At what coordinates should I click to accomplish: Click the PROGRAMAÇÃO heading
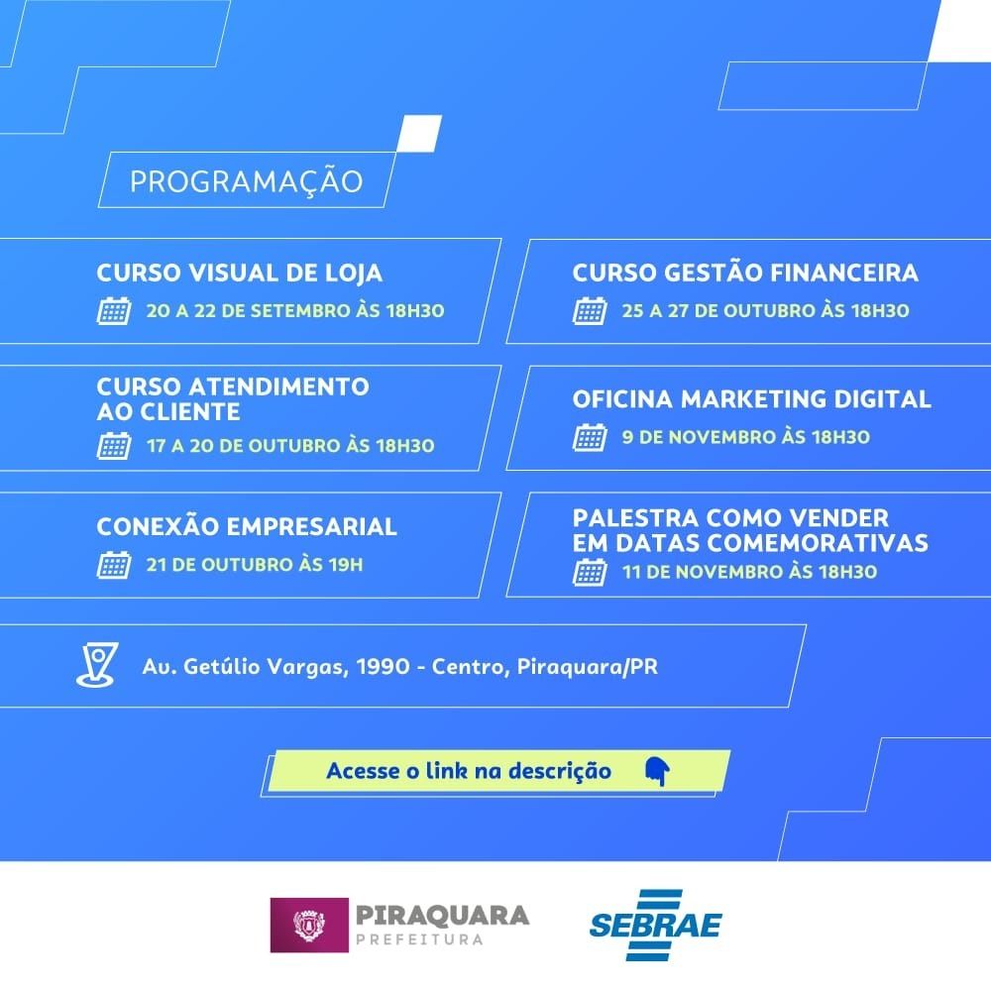tap(247, 181)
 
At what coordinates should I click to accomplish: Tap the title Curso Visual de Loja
tap(240, 274)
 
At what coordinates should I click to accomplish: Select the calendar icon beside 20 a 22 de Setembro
tap(114, 310)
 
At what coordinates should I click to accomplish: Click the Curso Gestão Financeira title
tap(745, 273)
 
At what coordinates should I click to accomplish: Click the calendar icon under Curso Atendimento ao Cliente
tap(114, 446)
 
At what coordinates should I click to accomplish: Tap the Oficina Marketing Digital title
tap(751, 398)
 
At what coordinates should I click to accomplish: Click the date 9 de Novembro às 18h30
tap(746, 437)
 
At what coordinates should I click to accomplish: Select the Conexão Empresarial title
tap(247, 526)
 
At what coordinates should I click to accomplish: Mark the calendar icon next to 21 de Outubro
tap(114, 565)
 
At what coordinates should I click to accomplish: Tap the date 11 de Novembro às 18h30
tap(749, 572)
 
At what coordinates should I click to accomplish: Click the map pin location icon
tap(97, 664)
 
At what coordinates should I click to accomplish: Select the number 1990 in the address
tap(383, 667)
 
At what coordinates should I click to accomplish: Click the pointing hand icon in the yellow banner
tap(657, 771)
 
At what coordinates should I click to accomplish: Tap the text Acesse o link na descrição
tap(469, 771)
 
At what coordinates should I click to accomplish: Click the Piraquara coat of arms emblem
tap(309, 925)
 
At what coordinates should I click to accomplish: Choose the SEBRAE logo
tap(655, 925)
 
